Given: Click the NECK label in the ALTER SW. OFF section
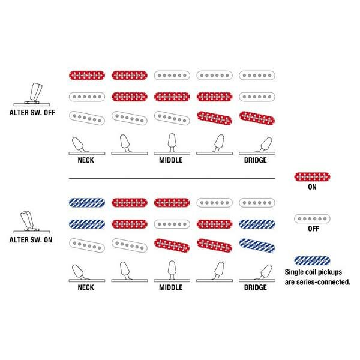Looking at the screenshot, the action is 85,161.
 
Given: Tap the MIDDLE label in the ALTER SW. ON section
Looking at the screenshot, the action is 170,287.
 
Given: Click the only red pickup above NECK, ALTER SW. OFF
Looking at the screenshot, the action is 88,76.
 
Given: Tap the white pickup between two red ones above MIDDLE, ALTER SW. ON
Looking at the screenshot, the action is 172,223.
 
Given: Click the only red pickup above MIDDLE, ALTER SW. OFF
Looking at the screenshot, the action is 172,96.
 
